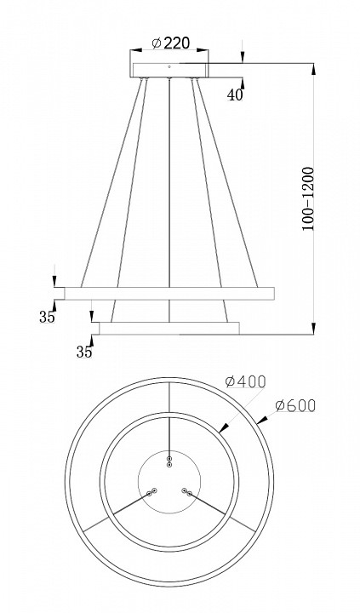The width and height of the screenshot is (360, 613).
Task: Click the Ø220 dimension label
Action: (x=170, y=43)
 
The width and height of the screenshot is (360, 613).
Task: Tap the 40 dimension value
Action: (x=235, y=95)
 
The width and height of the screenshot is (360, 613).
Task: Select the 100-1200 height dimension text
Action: (x=308, y=199)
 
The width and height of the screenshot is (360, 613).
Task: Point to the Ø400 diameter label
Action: (x=245, y=381)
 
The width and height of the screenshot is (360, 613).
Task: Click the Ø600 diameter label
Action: (x=294, y=406)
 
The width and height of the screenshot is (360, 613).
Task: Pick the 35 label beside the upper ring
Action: (x=47, y=317)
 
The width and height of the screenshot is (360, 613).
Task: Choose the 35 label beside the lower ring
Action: (x=84, y=352)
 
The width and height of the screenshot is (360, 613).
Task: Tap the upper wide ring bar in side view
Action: (x=169, y=294)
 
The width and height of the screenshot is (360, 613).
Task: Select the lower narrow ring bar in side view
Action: (x=169, y=329)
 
